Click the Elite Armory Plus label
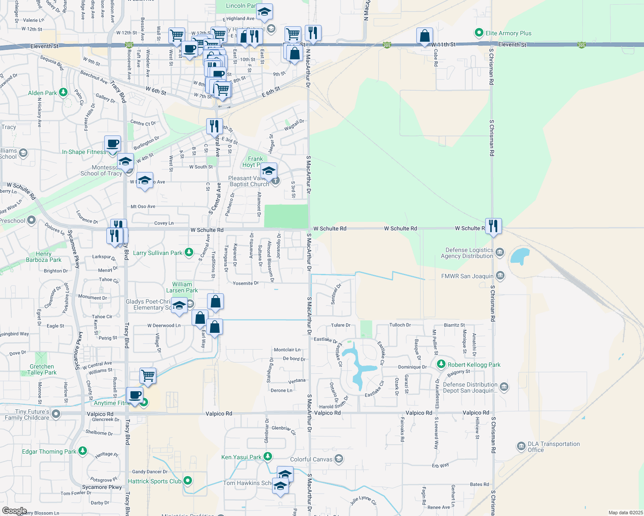coord(508,33)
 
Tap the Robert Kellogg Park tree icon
coord(441,365)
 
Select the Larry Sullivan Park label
coord(158,253)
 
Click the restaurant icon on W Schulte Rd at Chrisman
coord(493,226)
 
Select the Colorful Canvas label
coord(311,459)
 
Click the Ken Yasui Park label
coord(241,457)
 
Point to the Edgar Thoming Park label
coord(49,451)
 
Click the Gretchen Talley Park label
coord(42,369)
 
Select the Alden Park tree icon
coord(63,92)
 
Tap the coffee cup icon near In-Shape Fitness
coord(112,143)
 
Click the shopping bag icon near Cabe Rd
coord(424,36)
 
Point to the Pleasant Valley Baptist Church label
coord(249,181)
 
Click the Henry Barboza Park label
coord(43,257)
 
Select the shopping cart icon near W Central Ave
coord(148,375)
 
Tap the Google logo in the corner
coord(14,510)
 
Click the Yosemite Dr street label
coord(245,283)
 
